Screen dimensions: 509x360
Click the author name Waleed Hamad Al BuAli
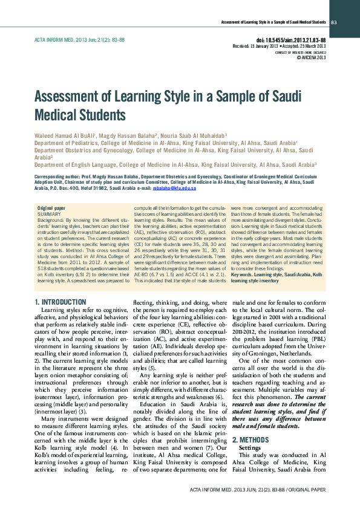(62, 135)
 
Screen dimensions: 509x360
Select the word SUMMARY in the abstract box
(49, 214)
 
